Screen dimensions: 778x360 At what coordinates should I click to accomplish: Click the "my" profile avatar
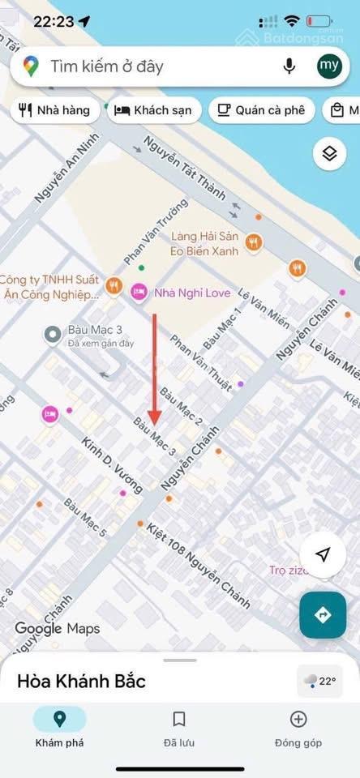pos(329,66)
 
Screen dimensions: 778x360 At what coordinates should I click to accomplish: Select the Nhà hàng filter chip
pos(55,110)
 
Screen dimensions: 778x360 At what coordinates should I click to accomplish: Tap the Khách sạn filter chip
pos(154,110)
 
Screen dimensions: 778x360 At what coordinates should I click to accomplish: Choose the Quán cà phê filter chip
pos(262,110)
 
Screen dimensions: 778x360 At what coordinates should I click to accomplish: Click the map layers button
pos(328,154)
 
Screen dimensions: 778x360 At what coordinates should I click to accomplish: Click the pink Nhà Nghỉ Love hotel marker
pos(139,291)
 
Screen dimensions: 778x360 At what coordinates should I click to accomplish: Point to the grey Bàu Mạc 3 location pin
pos(53,333)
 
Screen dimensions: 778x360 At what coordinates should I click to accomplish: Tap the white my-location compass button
pos(323,554)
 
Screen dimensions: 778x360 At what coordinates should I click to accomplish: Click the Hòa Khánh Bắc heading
pos(81,681)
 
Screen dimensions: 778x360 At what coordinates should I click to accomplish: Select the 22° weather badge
pos(319,681)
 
